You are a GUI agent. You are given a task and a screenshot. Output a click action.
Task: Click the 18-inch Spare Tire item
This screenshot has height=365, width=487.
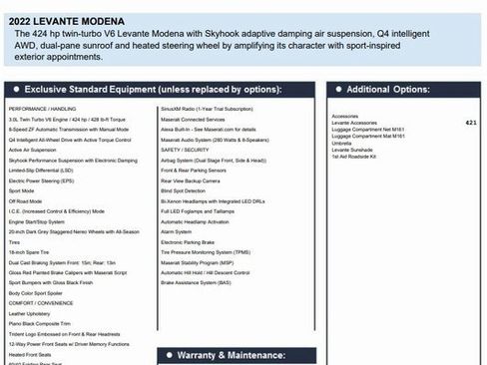29,252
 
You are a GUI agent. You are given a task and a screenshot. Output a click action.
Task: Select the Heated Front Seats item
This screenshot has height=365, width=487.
32,355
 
